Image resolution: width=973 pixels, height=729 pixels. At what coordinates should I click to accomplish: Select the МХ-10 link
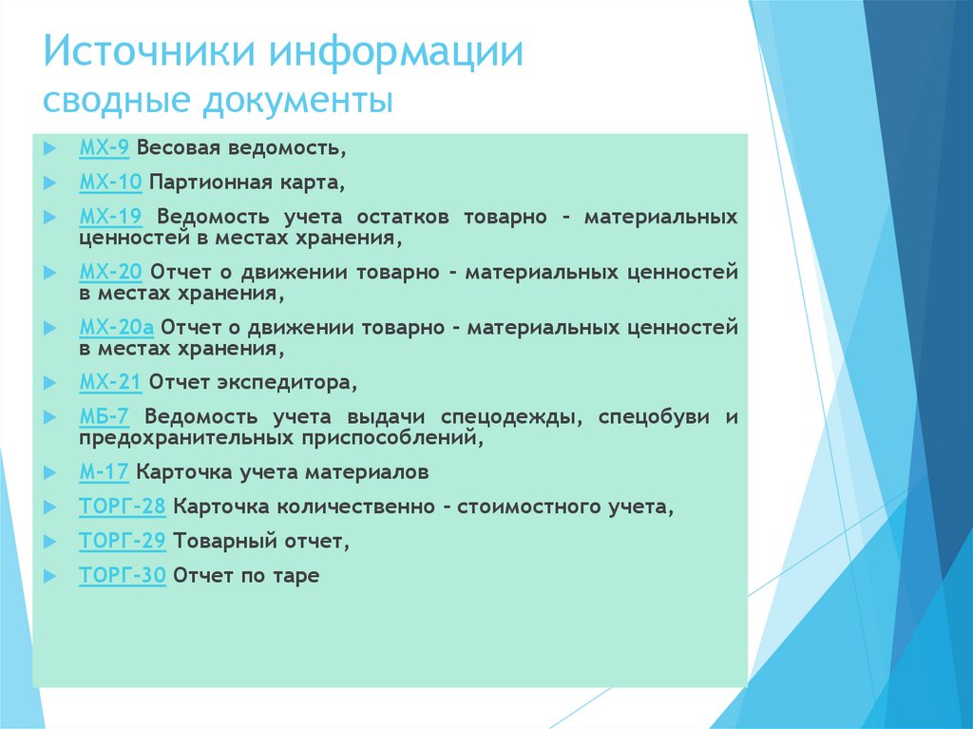110,182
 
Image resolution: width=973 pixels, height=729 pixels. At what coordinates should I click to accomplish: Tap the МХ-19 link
110,217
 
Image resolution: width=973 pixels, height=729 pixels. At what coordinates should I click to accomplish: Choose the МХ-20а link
116,328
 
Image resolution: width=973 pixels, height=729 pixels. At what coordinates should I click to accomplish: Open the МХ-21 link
110,383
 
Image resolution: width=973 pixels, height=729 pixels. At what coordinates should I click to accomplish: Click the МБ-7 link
105,416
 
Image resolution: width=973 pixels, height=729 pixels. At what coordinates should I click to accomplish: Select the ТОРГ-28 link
123,508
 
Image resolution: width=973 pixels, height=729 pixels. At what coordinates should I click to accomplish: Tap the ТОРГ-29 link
123,542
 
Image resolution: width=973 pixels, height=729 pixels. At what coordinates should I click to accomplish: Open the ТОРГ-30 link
123,576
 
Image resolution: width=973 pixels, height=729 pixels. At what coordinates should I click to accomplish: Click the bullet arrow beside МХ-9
50,149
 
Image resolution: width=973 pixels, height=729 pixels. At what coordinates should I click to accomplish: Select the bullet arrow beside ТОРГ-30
50,576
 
